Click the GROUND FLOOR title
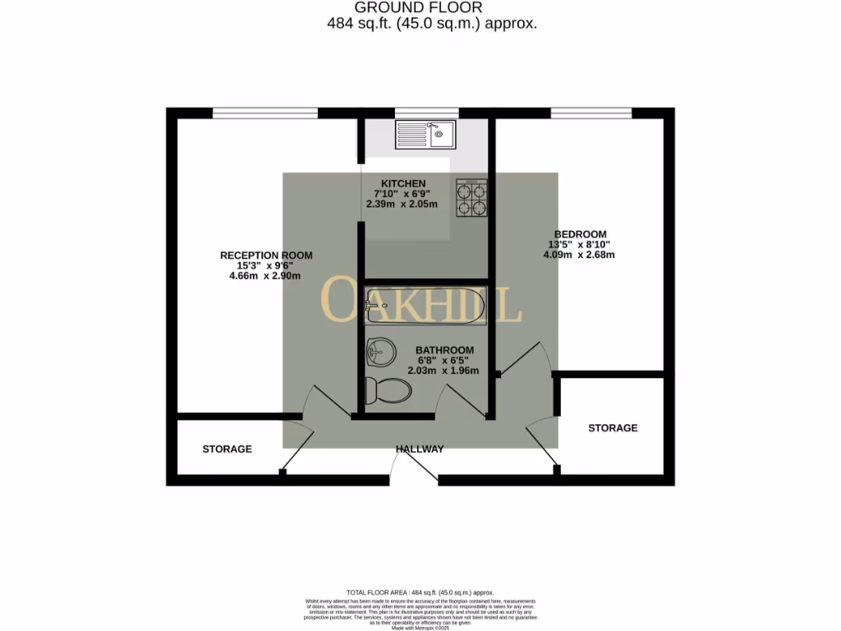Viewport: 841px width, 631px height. [x=420, y=7]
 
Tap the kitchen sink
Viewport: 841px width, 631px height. [x=425, y=134]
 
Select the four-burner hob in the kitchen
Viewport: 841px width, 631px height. [x=471, y=199]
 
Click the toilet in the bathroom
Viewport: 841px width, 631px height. [x=388, y=389]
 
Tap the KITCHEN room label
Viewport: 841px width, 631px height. [x=403, y=183]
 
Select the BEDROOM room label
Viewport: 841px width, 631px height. [x=580, y=233]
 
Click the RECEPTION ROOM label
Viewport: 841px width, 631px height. [x=266, y=256]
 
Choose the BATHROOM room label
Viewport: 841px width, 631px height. [x=444, y=350]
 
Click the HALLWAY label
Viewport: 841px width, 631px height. [x=420, y=449]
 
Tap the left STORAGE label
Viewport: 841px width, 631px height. [x=227, y=449]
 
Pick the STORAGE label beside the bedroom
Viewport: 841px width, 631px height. [x=613, y=428]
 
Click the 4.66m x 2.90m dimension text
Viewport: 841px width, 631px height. [x=265, y=276]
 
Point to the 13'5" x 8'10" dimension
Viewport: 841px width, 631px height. [x=580, y=244]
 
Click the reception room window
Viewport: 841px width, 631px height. [x=264, y=113]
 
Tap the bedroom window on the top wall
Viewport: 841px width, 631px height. [x=591, y=113]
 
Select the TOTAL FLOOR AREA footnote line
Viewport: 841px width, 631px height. [x=420, y=592]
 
